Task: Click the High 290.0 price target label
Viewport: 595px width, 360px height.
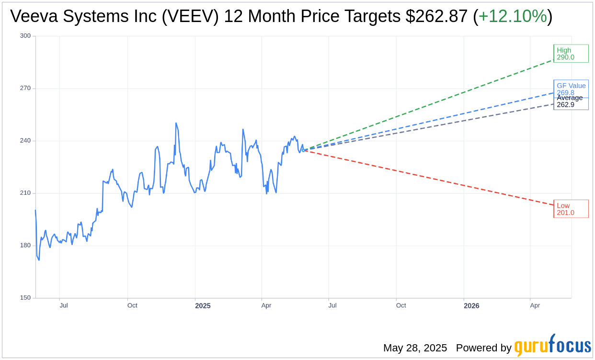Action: click(x=570, y=54)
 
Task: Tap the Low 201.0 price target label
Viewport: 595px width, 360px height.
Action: click(x=570, y=209)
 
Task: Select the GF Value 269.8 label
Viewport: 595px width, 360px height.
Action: click(x=571, y=87)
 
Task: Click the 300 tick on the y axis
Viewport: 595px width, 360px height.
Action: click(x=25, y=36)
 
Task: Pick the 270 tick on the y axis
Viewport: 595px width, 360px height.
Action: click(x=25, y=88)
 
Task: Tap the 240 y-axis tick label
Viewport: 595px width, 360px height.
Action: click(x=25, y=141)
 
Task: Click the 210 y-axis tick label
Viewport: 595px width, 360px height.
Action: click(x=25, y=193)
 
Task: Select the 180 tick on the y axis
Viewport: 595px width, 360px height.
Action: click(x=25, y=245)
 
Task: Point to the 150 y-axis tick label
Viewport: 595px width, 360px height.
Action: click(x=25, y=298)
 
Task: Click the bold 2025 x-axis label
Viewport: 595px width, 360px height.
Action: click(x=203, y=306)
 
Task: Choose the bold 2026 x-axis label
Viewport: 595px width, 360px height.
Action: click(x=471, y=306)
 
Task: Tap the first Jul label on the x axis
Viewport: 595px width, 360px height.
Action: click(x=64, y=305)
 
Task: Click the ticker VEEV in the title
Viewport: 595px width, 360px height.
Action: click(x=195, y=16)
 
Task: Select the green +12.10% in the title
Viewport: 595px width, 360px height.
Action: click(x=513, y=16)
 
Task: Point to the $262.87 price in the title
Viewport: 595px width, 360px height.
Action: click(x=436, y=16)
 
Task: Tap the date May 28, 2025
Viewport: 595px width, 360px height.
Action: click(x=415, y=348)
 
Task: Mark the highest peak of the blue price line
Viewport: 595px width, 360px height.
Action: click(x=176, y=123)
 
